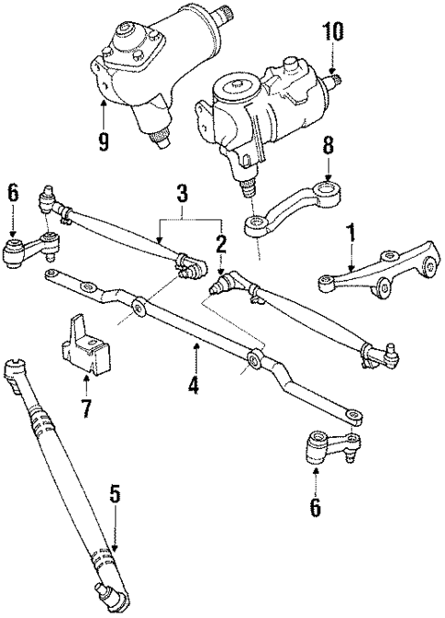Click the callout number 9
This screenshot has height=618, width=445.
[103, 142]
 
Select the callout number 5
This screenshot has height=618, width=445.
[115, 493]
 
